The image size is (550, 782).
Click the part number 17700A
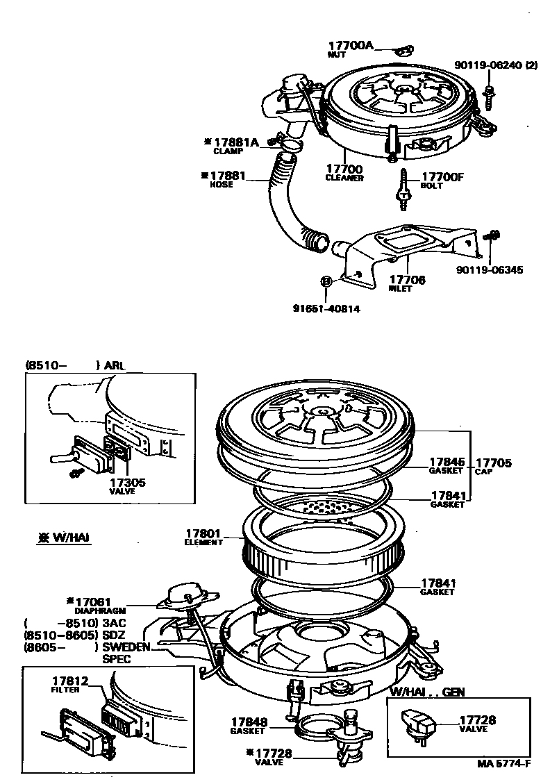click(x=351, y=46)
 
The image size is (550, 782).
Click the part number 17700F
click(x=442, y=178)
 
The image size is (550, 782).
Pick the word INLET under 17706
click(x=400, y=289)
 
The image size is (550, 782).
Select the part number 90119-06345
click(x=490, y=270)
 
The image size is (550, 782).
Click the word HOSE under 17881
click(x=222, y=185)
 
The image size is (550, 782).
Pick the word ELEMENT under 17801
click(x=203, y=542)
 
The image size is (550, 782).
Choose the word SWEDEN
click(x=126, y=647)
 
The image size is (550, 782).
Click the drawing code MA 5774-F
click(x=503, y=764)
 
